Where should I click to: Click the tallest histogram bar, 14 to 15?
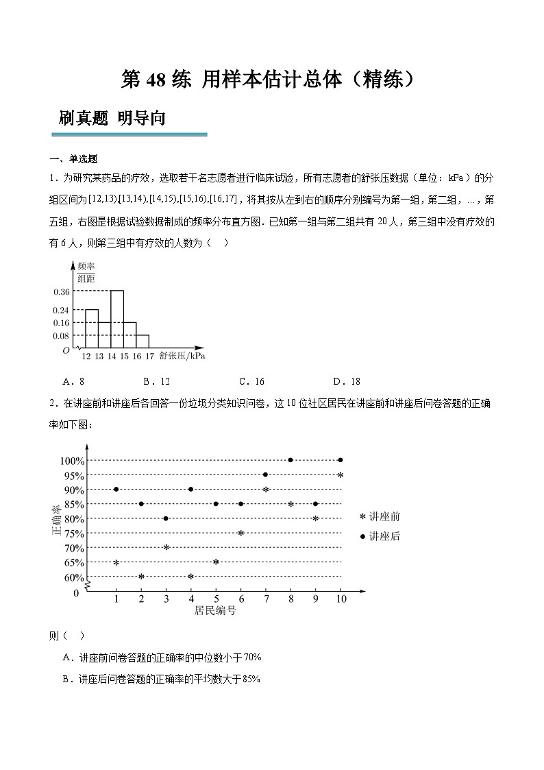coord(117,320)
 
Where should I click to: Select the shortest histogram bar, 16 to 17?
coord(143,341)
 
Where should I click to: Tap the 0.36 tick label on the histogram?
coord(61,291)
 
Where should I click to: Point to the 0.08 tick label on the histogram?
coord(61,335)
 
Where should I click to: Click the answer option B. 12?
coord(156,381)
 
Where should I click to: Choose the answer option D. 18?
coord(346,381)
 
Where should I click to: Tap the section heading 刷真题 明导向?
coord(112,118)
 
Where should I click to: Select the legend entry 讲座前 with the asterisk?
coord(380,517)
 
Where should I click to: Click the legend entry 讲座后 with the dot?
coord(380,536)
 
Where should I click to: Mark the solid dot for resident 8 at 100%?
coord(290,460)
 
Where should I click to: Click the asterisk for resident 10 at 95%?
coord(341,475)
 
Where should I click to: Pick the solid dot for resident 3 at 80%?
coord(166,518)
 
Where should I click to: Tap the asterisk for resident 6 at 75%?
coord(240,533)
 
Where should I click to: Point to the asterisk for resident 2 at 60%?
coord(141,577)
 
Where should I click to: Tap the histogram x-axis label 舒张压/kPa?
coord(182,356)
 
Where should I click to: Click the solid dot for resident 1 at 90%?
coord(116,489)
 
